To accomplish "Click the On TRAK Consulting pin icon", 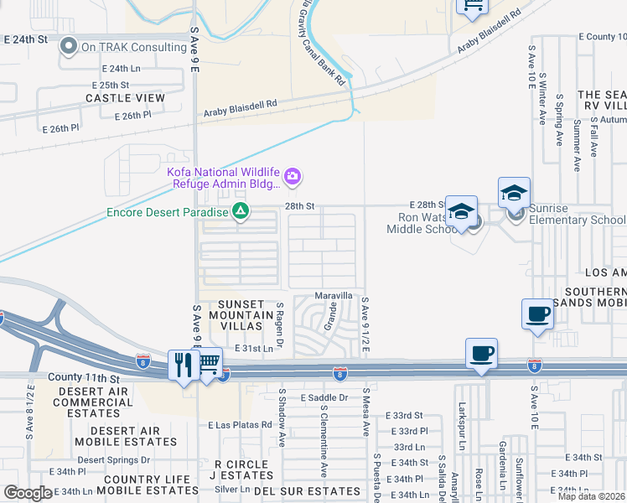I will click(69, 47).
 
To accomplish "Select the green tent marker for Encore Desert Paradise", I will click(241, 211).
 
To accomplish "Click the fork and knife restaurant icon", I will click(184, 364).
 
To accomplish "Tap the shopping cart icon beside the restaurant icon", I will click(209, 362).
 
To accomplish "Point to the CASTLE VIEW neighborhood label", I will click(125, 98).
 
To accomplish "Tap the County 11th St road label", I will click(85, 379).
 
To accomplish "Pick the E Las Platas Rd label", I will click(240, 425).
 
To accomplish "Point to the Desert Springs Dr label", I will click(114, 459).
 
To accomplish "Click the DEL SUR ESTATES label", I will click(298, 490).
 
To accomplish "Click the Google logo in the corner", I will click(28, 493).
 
